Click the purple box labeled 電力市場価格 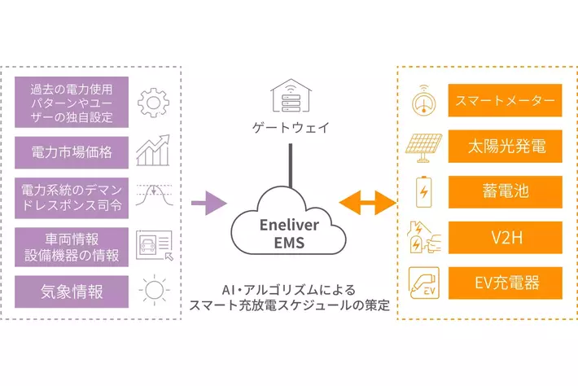point(72,152)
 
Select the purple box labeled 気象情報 point(72,291)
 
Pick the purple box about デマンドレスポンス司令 point(72,198)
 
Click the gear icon point(152,103)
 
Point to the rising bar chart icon point(152,151)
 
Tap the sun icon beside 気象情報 point(152,291)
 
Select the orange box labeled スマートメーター point(505,102)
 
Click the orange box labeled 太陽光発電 point(505,147)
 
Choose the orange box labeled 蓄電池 point(505,192)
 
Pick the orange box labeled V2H point(505,238)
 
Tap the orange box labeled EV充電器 point(505,283)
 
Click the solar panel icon point(423,147)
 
